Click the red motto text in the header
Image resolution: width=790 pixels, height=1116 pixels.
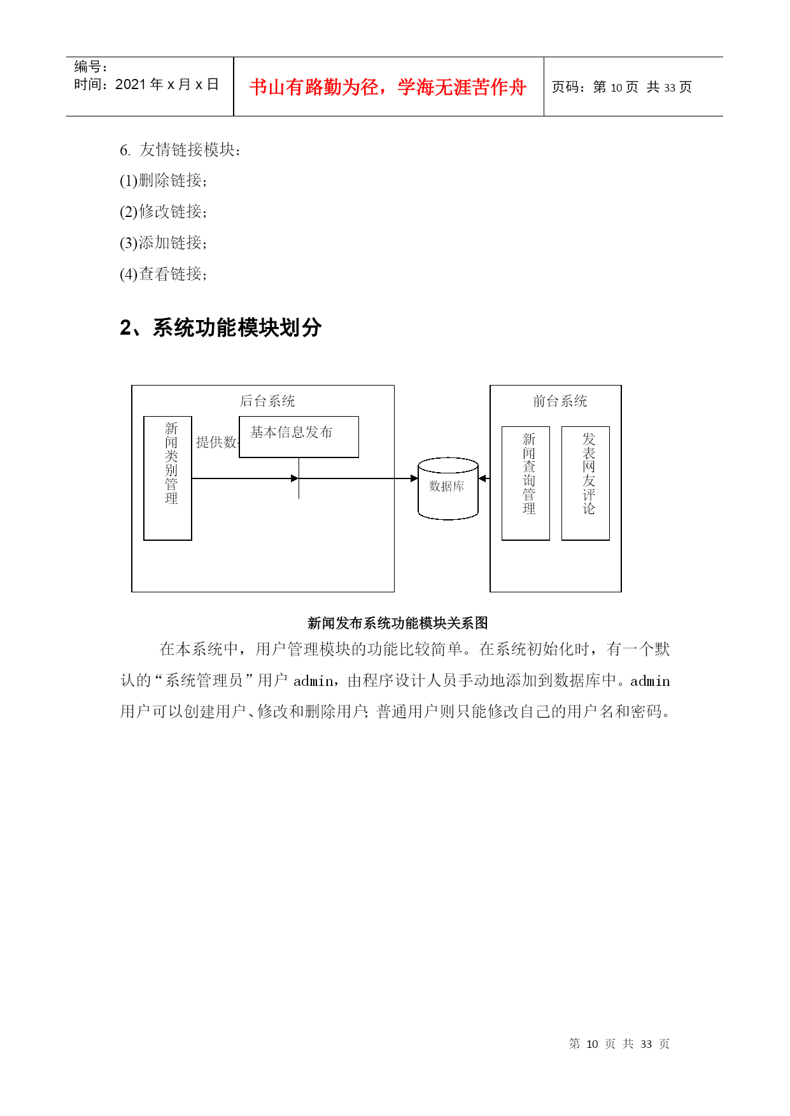point(388,87)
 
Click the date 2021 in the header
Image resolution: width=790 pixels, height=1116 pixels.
point(130,84)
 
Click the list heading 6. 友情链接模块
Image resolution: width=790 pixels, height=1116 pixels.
point(180,150)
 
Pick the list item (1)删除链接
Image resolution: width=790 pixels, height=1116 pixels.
point(164,181)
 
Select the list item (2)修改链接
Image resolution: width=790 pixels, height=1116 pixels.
point(164,211)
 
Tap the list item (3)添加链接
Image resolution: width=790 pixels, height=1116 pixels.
point(164,242)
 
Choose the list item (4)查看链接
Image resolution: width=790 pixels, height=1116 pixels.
point(164,274)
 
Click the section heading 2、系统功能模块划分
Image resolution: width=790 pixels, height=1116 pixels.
point(220,328)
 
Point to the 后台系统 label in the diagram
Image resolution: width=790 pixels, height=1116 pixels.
point(267,401)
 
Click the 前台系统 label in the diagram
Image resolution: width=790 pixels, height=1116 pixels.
point(560,401)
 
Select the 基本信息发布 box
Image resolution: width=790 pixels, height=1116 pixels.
point(299,437)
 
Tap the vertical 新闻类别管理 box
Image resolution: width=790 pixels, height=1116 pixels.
point(167,478)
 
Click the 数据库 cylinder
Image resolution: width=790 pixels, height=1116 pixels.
point(448,489)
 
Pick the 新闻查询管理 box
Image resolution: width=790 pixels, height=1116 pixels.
point(526,484)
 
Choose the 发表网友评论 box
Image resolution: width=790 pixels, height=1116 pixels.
point(586,484)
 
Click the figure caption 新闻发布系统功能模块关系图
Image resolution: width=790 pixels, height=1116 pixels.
point(397,623)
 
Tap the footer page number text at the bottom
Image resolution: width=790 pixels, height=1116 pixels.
point(619,1044)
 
